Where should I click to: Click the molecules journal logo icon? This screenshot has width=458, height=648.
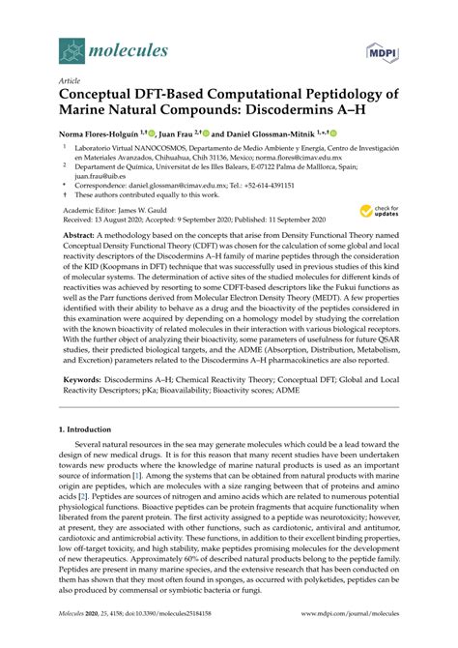(72, 47)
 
